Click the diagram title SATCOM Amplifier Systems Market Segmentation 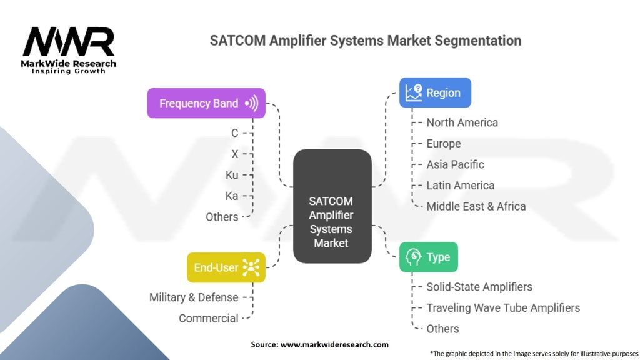(x=365, y=41)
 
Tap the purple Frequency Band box (x=206, y=103)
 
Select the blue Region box (x=435, y=93)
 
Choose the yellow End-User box (x=226, y=267)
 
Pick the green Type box (x=428, y=257)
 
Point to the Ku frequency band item (x=232, y=175)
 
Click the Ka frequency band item (x=232, y=196)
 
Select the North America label (x=462, y=122)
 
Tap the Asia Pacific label (x=455, y=164)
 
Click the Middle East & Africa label (x=476, y=206)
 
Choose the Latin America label (x=460, y=186)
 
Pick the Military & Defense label (x=194, y=297)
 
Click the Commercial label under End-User (x=208, y=318)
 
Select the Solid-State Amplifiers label (x=479, y=287)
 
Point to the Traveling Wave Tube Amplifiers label (x=502, y=307)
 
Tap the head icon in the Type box (x=413, y=257)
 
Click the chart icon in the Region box (x=413, y=93)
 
